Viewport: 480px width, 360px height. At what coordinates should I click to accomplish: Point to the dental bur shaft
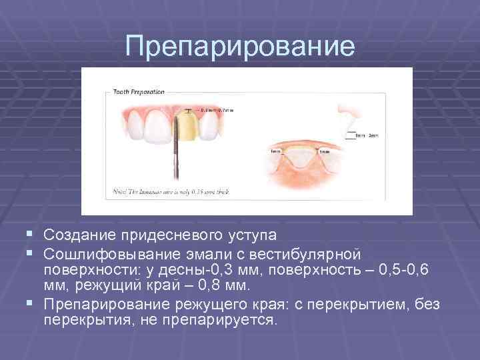point(177,157)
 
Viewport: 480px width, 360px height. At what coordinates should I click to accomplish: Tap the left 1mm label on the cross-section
point(275,151)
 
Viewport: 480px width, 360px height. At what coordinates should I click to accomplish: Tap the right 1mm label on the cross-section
point(324,152)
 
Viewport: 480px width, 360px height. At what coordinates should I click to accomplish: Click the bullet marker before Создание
point(33,235)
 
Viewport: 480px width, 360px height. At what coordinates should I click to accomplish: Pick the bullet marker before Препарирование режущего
point(33,305)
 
